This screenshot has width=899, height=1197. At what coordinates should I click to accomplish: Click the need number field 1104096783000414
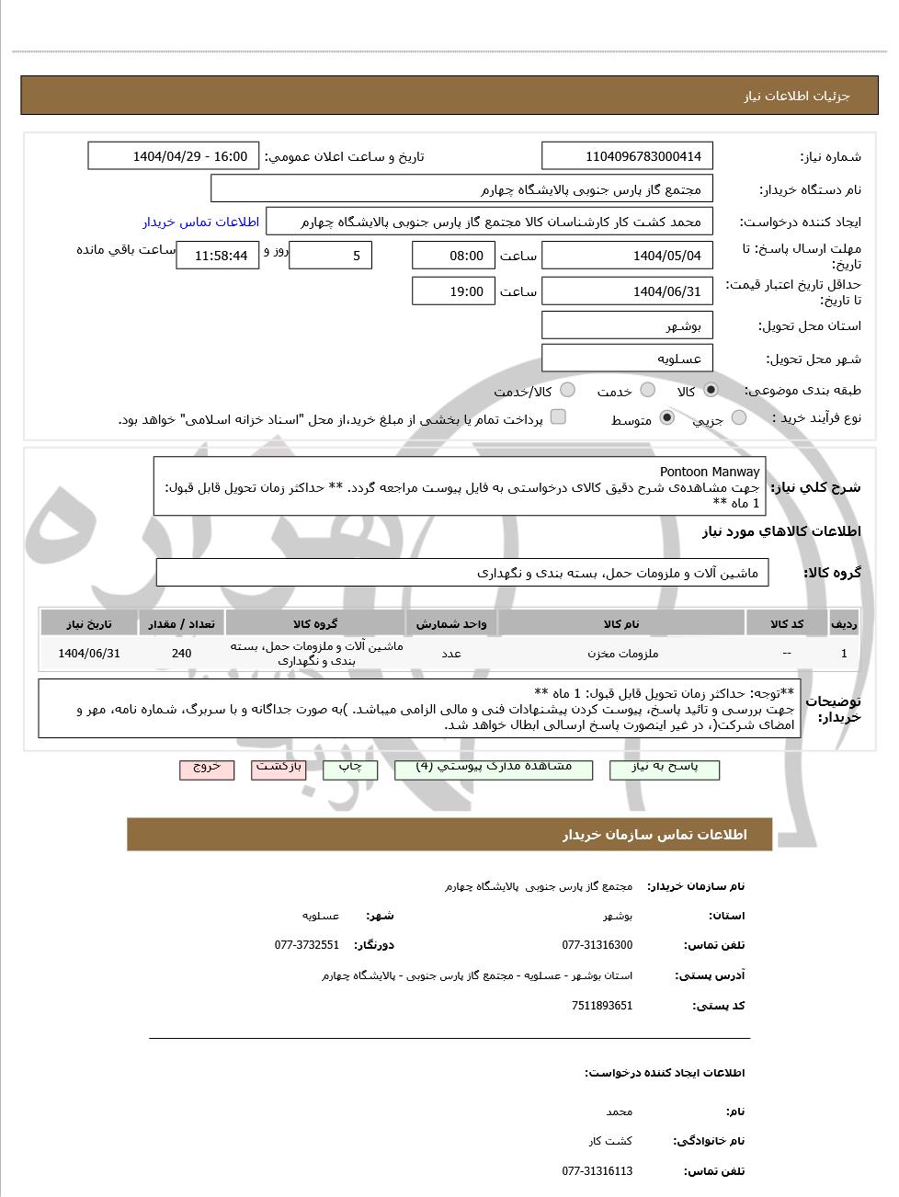[628, 156]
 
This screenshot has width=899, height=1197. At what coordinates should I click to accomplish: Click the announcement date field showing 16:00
[174, 156]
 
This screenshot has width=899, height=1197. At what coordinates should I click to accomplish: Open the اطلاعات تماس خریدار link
[200, 222]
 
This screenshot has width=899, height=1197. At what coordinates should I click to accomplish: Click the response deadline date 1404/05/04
[628, 256]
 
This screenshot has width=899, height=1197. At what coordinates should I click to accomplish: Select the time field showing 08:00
[453, 256]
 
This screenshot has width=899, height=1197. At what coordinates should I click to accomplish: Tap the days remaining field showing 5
[330, 256]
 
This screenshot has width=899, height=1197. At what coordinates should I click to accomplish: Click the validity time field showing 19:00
[453, 291]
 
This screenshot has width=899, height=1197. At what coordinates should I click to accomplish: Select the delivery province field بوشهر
[628, 325]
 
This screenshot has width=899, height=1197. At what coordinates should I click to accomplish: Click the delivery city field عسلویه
[628, 359]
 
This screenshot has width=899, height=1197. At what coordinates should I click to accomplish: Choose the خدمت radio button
[648, 390]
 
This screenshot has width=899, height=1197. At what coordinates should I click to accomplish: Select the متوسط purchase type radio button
[667, 418]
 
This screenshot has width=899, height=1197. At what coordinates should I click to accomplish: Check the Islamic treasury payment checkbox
[558, 417]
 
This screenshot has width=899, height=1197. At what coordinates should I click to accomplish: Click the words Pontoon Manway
[710, 472]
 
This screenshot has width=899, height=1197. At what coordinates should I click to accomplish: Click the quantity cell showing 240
[181, 654]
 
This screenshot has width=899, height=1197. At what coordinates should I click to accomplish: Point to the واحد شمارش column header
[451, 624]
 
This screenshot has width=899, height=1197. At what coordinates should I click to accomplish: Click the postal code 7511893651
[602, 1006]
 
